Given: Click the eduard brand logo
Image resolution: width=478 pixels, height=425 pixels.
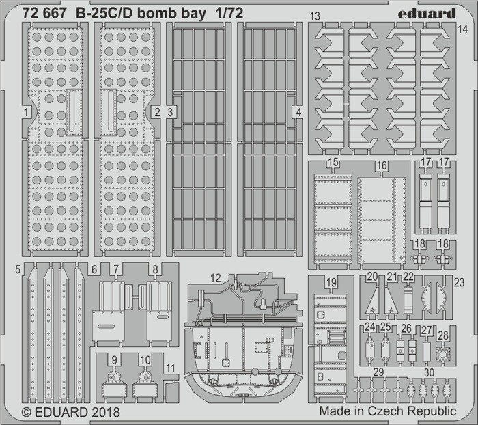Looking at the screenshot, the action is coord(427,13).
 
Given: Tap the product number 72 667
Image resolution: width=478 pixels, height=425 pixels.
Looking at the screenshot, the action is coord(44,13).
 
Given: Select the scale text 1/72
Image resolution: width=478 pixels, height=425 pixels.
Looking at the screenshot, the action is coord(229,13).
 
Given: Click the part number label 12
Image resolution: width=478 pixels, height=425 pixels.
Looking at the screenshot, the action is coord(216,277).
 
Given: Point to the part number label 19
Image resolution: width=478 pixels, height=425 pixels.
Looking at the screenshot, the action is coord(331,282).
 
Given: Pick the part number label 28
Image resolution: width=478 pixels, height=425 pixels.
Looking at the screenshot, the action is coord(443,335).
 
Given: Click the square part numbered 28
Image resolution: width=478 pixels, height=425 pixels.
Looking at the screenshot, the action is coord(443,354).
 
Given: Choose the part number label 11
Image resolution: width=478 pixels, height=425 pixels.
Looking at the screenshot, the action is coord(171,368).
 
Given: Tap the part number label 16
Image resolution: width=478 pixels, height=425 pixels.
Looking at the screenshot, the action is coord(382,165).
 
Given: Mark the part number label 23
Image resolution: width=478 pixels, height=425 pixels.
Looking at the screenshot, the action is coord(459,282).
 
